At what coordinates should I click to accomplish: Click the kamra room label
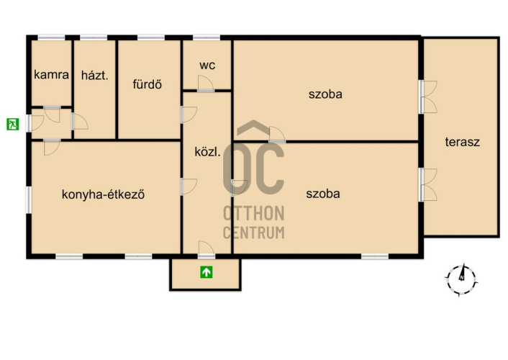tap(52, 75)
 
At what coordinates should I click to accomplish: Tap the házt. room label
tap(94, 76)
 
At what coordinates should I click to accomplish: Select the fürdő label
tap(147, 84)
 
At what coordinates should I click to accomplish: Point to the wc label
tap(207, 66)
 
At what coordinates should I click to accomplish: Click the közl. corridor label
tap(208, 151)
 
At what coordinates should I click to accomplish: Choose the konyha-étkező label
tap(103, 194)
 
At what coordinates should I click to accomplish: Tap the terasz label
tap(463, 142)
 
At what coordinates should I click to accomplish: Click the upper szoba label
tap(325, 94)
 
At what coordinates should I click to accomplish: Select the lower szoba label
tap(323, 194)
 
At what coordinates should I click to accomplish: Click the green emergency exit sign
tap(13, 124)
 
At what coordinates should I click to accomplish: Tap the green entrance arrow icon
tap(207, 271)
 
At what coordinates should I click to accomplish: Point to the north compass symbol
tap(461, 279)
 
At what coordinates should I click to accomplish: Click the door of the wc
tap(206, 84)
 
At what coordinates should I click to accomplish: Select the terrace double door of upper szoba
tap(428, 97)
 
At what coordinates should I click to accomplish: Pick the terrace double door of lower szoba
tap(428, 184)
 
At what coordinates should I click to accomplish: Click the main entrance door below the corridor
tap(207, 249)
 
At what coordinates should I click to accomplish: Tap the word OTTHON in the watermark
tap(254, 213)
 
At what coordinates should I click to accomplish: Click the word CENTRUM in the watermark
tap(254, 233)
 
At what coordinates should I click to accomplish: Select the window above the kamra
tap(52, 38)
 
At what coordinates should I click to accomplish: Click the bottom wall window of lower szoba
tap(375, 256)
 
